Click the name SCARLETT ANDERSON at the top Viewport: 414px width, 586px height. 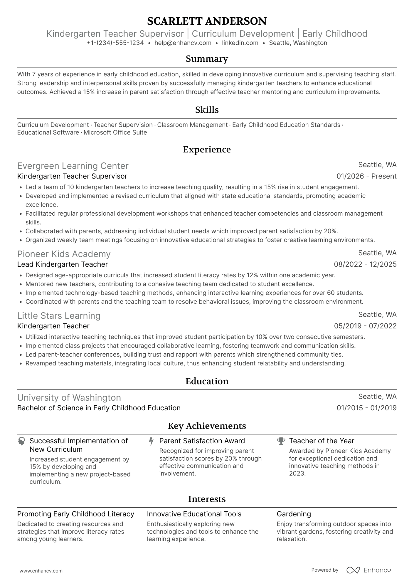click(x=207, y=21)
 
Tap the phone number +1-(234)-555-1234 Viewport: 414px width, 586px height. click(x=115, y=43)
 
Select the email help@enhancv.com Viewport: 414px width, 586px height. click(x=183, y=43)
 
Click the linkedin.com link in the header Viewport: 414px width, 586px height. click(x=240, y=43)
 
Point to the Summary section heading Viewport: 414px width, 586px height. click(x=207, y=59)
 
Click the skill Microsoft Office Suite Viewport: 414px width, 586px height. click(x=115, y=132)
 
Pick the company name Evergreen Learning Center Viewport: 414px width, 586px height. click(x=73, y=166)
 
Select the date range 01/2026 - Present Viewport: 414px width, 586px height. click(x=366, y=176)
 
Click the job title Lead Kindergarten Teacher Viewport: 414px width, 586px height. click(x=63, y=264)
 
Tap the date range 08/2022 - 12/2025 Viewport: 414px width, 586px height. click(x=365, y=264)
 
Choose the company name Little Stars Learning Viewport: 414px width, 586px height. click(x=59, y=316)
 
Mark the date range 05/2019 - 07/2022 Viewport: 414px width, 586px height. click(x=365, y=326)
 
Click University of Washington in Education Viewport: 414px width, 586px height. click(x=69, y=398)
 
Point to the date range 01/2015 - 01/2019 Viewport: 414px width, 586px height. click(x=366, y=408)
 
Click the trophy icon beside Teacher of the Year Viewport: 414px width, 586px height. click(x=281, y=441)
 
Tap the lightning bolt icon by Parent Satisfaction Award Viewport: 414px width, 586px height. click(x=151, y=441)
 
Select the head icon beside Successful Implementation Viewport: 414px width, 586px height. click(x=21, y=441)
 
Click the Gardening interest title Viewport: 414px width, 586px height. click(x=294, y=514)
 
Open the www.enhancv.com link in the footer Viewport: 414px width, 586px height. click(x=41, y=571)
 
